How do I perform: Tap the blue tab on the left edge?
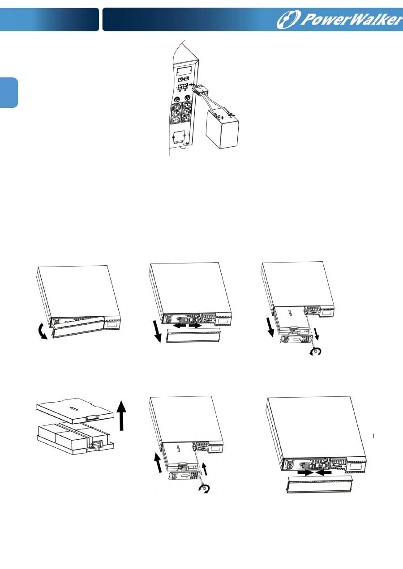pos(9,93)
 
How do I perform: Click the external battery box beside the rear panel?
pos(222,129)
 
